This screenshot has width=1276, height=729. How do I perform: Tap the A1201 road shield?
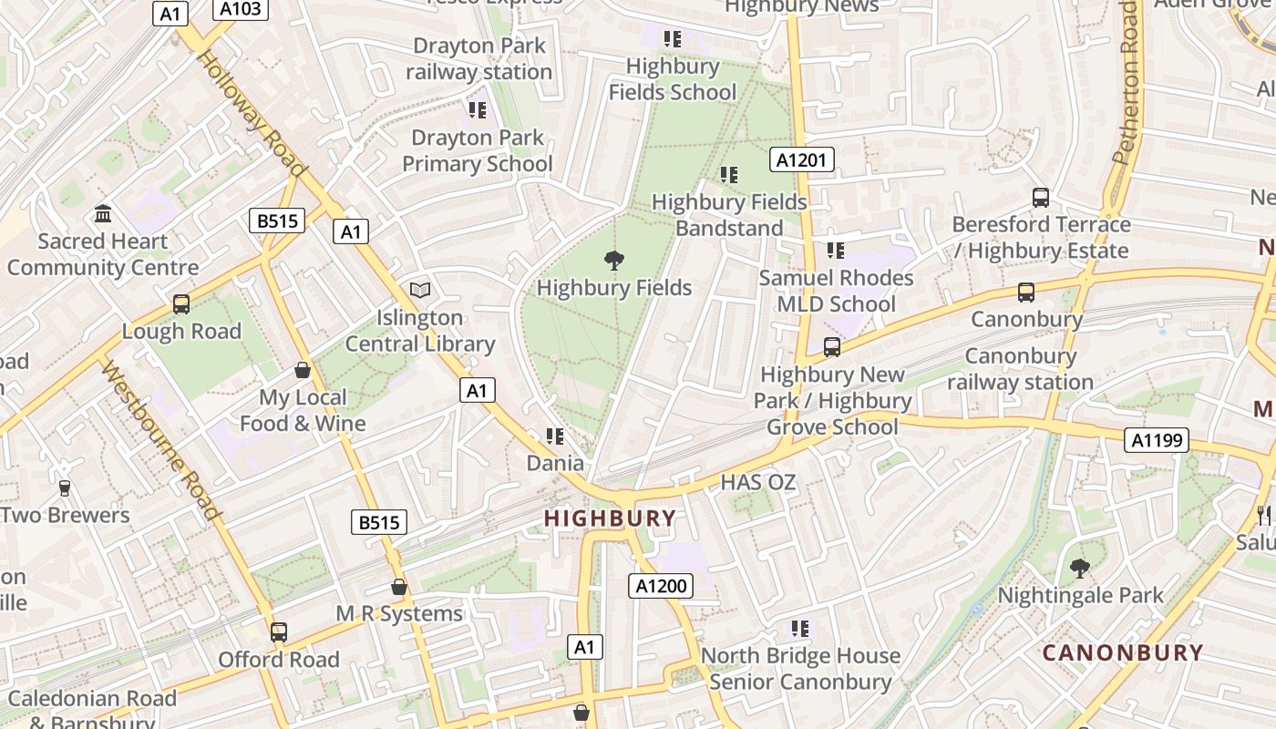[801, 160]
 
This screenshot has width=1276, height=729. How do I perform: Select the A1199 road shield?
[1157, 440]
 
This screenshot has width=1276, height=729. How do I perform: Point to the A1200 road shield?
[661, 586]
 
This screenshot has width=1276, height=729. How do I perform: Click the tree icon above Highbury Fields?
[614, 261]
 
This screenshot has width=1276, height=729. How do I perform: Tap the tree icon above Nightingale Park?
[1079, 569]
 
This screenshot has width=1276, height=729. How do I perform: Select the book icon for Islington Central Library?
[419, 290]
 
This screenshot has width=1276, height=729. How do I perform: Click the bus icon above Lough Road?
[181, 303]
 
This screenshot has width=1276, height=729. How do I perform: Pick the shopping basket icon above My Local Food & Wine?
[303, 370]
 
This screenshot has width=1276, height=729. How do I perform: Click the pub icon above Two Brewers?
[64, 488]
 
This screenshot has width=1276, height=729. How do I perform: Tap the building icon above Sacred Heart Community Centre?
[103, 214]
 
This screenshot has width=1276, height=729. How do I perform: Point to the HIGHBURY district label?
[610, 519]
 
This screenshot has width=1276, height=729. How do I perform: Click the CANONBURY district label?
[1123, 652]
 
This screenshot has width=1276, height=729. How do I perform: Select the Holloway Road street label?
[251, 113]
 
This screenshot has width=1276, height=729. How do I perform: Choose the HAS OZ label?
[758, 483]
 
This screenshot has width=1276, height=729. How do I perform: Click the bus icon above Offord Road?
[278, 631]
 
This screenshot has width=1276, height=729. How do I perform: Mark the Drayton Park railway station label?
[479, 58]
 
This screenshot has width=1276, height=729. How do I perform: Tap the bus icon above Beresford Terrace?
[1041, 197]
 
